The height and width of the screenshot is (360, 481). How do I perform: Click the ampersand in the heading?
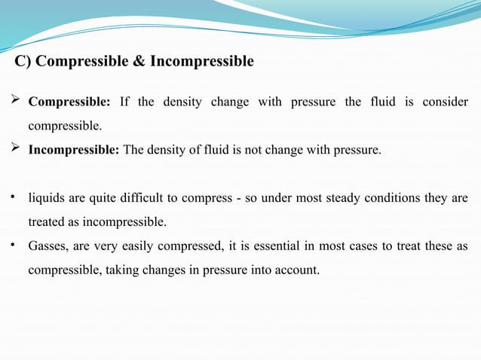point(139,61)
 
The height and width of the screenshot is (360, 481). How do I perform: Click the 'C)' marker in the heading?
point(23,61)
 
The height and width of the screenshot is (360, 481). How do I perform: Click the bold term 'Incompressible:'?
point(74,150)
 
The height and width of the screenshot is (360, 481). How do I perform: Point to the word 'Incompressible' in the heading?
point(202,61)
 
